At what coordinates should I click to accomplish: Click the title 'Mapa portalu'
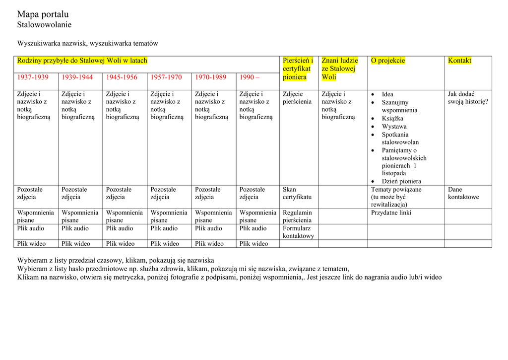coord(43,14)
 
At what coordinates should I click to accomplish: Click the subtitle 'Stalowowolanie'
coord(44,25)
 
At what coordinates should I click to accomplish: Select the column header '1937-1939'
coord(33,77)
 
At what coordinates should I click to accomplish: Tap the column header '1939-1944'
coord(77,77)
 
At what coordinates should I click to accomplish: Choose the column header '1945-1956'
coord(122,77)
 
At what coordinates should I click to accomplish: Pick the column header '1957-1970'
coord(166,77)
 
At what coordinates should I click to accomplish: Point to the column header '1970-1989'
coord(210,77)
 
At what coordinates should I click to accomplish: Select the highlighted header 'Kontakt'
coord(459,61)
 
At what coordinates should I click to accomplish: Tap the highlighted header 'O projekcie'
coord(388,61)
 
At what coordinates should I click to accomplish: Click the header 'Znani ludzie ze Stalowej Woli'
coord(339,69)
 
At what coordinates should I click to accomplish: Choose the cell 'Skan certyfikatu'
coord(297,193)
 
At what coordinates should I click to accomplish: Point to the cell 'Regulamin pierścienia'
coord(297,216)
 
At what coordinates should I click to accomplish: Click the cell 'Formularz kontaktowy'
coord(298,232)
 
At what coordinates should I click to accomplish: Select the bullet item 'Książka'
coord(392,119)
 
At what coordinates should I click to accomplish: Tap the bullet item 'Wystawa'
coord(394,127)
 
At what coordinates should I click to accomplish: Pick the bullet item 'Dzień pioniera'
coord(401,181)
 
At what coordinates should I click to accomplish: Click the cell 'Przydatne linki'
coord(391,213)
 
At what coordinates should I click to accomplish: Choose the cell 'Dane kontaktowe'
coord(463,193)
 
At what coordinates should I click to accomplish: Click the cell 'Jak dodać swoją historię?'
coord(467,98)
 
